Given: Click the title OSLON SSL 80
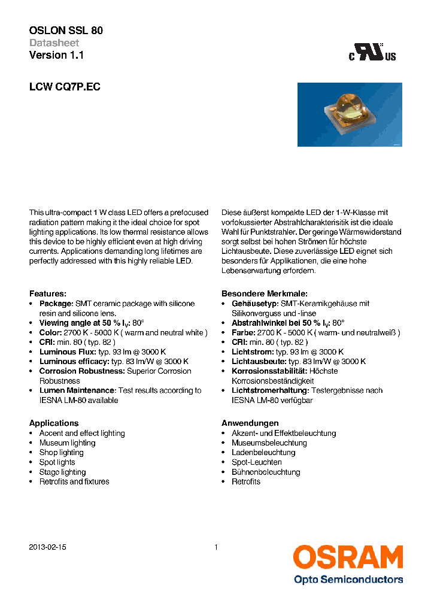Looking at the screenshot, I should tap(66, 31).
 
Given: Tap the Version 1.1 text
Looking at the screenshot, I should tap(56, 55).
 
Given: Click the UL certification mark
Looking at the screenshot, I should tap(373, 53).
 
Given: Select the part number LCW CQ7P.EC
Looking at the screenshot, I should tap(65, 87).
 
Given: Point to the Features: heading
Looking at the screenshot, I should tap(48, 293).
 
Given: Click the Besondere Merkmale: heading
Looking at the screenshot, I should tap(265, 293).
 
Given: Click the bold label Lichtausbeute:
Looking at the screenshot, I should tap(259, 362).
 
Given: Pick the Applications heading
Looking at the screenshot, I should tap(54, 423).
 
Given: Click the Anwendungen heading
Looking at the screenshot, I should tap(250, 423).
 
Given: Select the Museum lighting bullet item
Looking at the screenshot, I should tap(67, 443).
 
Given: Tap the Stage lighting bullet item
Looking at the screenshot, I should tap(62, 472).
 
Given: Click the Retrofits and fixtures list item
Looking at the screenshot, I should tap(74, 481).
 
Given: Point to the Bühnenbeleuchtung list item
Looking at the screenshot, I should tap(266, 472).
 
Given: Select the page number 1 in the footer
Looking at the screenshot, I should tap(215, 547).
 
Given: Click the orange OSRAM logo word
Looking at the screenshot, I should tap(348, 557).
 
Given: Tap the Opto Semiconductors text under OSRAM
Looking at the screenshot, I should tap(348, 579).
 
